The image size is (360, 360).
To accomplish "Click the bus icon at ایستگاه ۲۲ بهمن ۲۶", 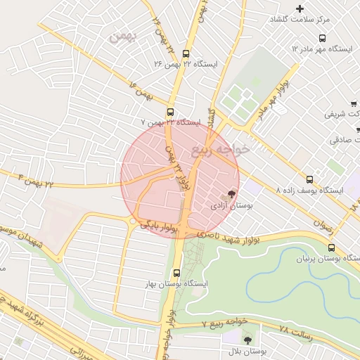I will (186, 53).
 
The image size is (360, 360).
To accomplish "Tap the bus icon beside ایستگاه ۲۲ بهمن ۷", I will (171, 112).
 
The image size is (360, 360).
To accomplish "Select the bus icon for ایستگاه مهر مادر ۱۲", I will (322, 39).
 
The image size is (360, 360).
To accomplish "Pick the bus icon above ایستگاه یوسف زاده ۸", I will (310, 179).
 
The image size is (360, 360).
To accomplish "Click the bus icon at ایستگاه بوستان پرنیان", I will (331, 247).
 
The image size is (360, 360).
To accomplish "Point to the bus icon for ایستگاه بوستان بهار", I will (176, 271).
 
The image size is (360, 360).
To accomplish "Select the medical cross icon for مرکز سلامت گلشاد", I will (300, 9).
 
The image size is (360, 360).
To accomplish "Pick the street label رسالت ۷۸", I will (295, 330).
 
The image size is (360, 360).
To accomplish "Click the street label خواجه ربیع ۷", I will (225, 323).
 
